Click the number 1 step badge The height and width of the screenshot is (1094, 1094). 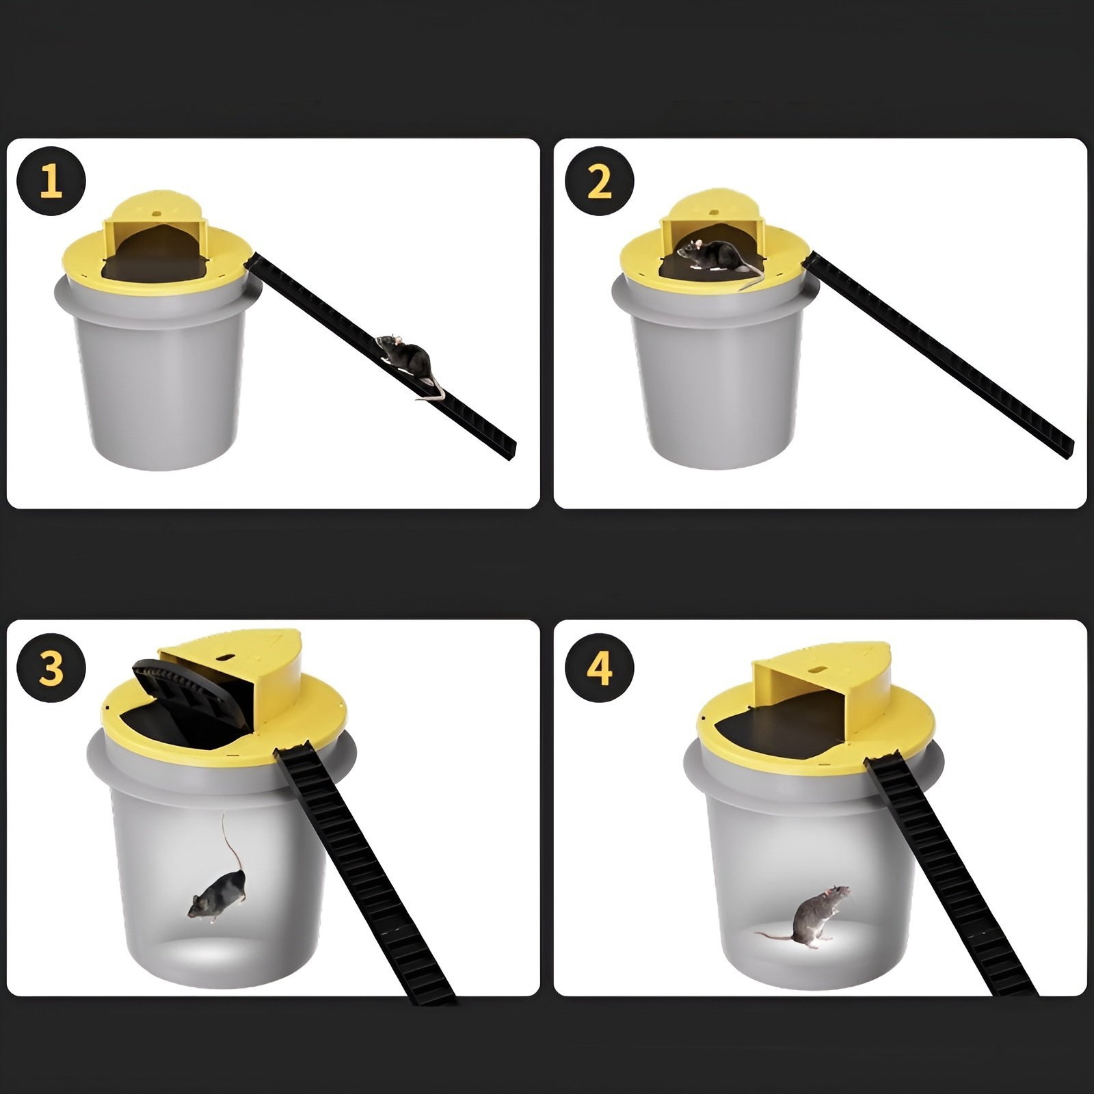click(51, 182)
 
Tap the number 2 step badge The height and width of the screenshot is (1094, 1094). click(599, 182)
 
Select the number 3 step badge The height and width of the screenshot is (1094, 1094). click(51, 668)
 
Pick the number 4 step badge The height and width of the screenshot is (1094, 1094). click(599, 668)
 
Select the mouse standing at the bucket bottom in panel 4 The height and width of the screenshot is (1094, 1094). click(817, 916)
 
